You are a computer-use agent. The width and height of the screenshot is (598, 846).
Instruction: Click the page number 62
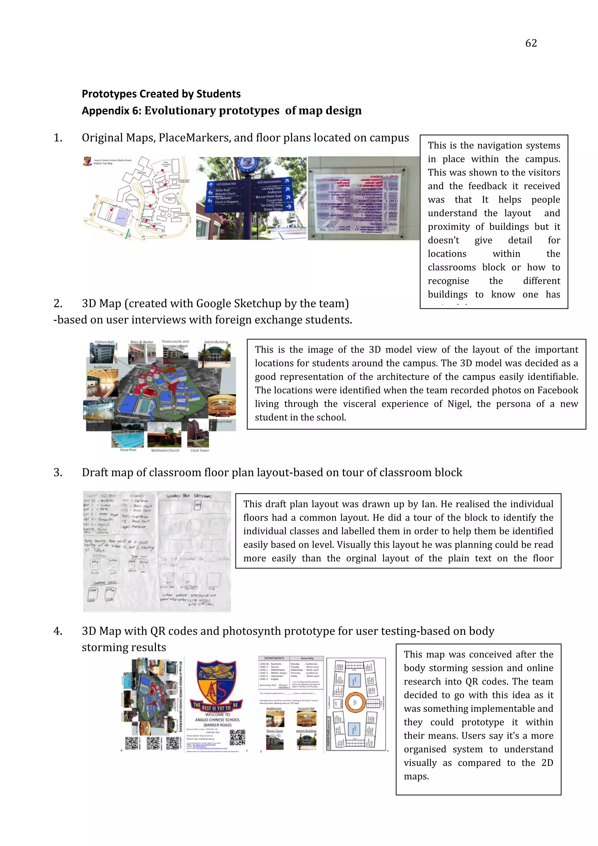pyautogui.click(x=531, y=43)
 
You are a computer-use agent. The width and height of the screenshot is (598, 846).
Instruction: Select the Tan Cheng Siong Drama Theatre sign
pyautogui.click(x=273, y=207)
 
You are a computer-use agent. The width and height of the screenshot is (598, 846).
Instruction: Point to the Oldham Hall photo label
pyautogui.click(x=104, y=342)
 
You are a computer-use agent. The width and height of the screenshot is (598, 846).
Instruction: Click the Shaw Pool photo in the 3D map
pyautogui.click(x=128, y=435)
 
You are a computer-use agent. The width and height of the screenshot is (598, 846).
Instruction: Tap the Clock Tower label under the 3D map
pyautogui.click(x=199, y=450)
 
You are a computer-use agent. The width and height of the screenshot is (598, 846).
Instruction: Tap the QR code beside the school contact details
pyautogui.click(x=237, y=737)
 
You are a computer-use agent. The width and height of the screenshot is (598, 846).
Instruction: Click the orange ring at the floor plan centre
pyautogui.click(x=355, y=702)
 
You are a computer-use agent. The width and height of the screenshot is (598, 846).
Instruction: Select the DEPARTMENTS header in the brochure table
pyautogui.click(x=274, y=658)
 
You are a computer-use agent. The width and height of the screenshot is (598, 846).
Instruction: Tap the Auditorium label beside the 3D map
pyautogui.click(x=102, y=367)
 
